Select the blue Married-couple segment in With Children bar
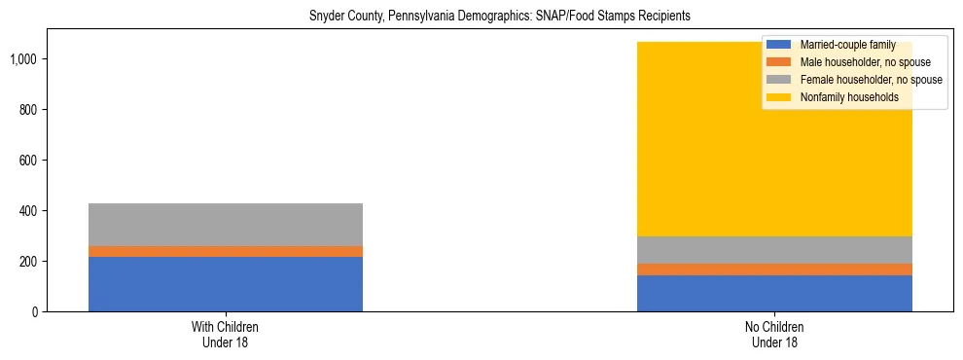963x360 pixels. click(226, 284)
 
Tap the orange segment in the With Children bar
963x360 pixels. click(226, 251)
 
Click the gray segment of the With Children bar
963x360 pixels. click(226, 224)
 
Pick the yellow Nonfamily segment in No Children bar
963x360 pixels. click(774, 156)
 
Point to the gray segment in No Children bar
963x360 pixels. click(774, 250)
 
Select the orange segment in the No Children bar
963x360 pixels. click(774, 270)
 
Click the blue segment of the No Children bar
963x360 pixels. click(774, 293)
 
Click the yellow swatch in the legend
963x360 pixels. click(779, 97)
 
